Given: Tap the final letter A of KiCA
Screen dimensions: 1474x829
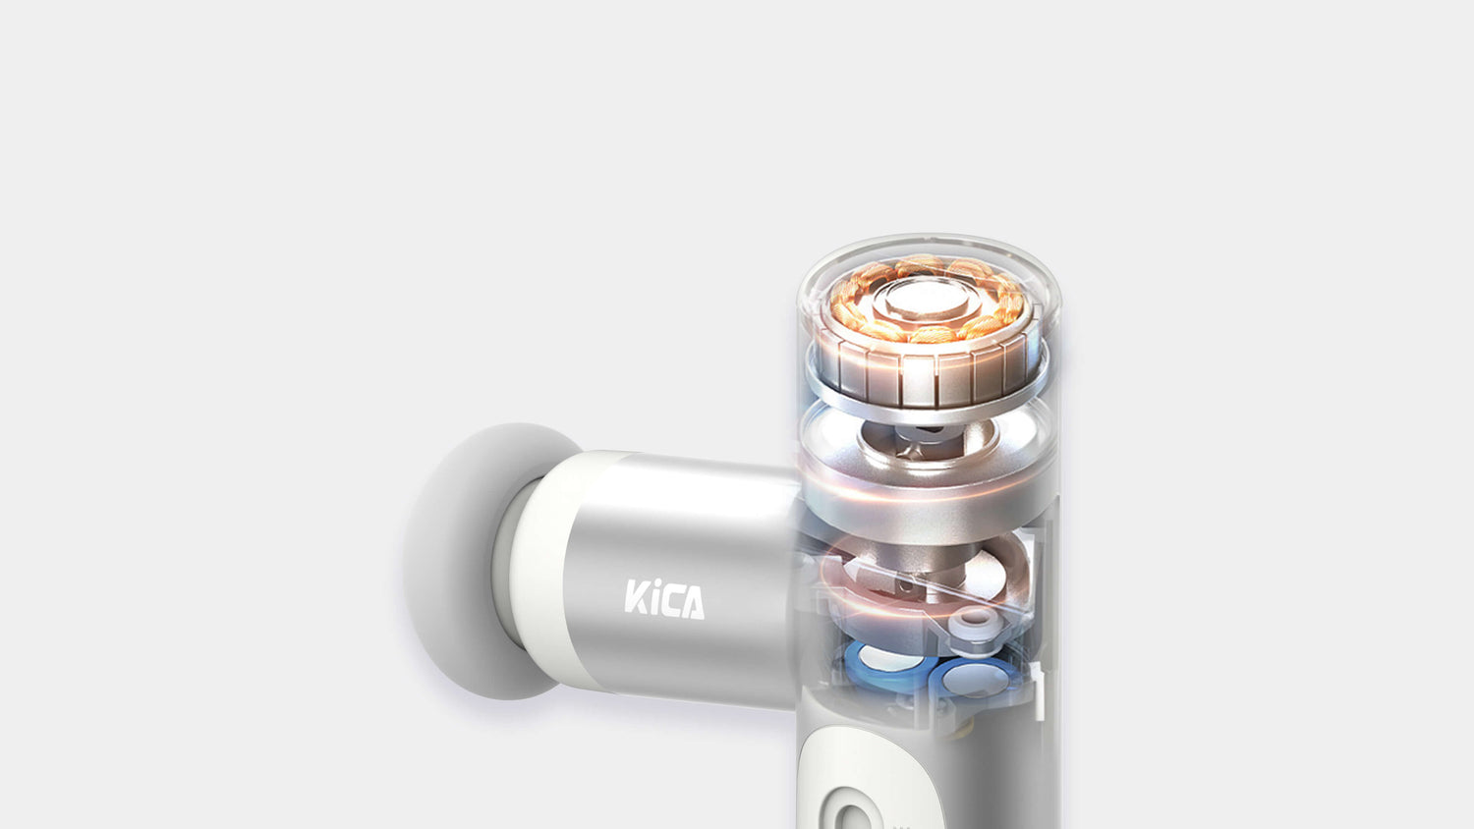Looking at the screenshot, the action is point(692,603).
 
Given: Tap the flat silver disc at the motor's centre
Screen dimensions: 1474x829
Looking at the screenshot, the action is point(927,302).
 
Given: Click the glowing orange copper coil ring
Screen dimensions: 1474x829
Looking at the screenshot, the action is point(927,300).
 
